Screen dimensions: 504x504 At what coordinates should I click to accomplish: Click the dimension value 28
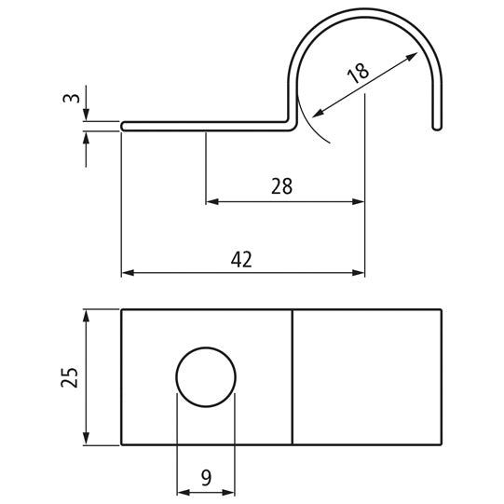click(282, 186)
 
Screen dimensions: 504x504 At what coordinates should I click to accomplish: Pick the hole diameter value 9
click(206, 477)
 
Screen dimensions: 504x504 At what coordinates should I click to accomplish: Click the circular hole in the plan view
click(206, 376)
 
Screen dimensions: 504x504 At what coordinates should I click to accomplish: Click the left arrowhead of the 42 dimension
click(128, 273)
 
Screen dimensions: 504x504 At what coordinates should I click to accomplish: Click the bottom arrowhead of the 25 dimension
click(87, 439)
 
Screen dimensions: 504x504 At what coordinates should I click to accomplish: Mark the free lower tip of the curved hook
click(436, 127)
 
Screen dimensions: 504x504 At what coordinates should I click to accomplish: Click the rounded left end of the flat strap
click(124, 126)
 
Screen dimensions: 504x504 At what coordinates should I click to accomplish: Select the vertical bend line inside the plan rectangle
click(293, 376)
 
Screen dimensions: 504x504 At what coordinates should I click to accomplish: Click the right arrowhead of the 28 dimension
click(359, 200)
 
